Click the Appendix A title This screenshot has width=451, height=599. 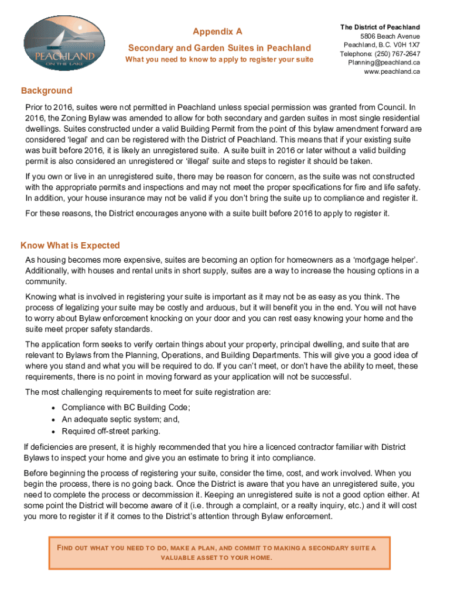217,32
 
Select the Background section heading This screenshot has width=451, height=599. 47,91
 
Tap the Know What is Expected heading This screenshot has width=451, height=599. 70,246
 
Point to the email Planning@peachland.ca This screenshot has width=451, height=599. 384,63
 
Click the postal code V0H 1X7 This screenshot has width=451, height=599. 406,45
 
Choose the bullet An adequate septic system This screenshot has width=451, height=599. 121,419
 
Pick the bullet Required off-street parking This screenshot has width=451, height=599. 111,431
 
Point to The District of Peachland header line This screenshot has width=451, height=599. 380,27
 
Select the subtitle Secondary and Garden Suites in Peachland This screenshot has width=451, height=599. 220,48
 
